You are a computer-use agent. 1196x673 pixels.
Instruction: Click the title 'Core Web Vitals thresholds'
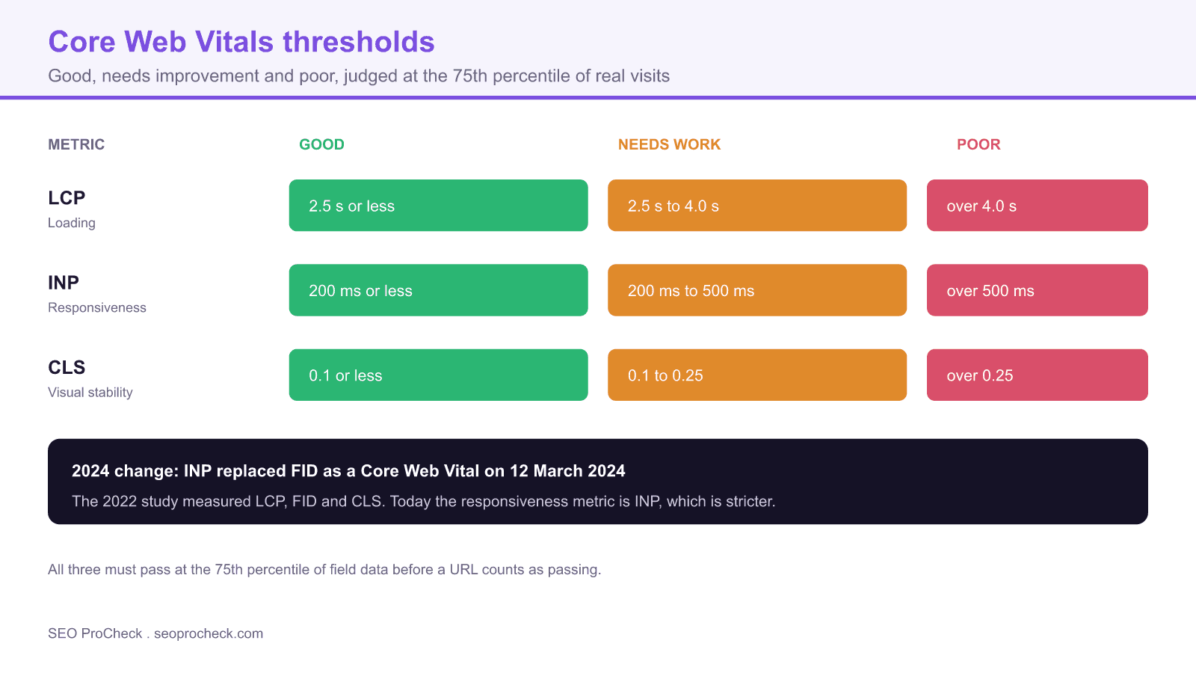[241, 42]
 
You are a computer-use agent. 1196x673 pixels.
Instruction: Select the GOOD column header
[321, 144]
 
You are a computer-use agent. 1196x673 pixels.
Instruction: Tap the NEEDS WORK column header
[669, 144]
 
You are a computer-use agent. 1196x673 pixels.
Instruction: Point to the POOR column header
[978, 144]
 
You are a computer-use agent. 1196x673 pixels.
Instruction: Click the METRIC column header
[76, 144]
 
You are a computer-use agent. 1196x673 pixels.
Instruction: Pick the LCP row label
[67, 197]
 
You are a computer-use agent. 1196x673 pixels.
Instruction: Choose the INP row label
[64, 283]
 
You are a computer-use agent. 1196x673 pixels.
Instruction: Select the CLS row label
[67, 367]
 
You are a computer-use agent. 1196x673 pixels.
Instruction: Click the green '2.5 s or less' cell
[438, 206]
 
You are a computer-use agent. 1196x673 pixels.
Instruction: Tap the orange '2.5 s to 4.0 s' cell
[757, 206]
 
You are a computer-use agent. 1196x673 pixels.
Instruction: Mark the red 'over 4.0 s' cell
[1038, 206]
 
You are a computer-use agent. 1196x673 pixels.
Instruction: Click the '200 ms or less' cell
[438, 290]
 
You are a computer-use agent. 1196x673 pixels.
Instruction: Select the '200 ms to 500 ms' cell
[757, 290]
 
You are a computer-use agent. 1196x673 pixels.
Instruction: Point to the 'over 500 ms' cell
[1038, 290]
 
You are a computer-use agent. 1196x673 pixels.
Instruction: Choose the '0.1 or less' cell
[438, 375]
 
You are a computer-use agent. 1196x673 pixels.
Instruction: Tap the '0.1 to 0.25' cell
[757, 375]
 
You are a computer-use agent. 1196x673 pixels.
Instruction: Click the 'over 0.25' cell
[1038, 375]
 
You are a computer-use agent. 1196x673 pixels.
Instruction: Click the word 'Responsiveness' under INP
[97, 307]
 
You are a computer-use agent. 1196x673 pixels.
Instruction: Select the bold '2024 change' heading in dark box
[348, 470]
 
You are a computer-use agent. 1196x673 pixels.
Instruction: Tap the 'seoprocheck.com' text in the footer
[209, 633]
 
